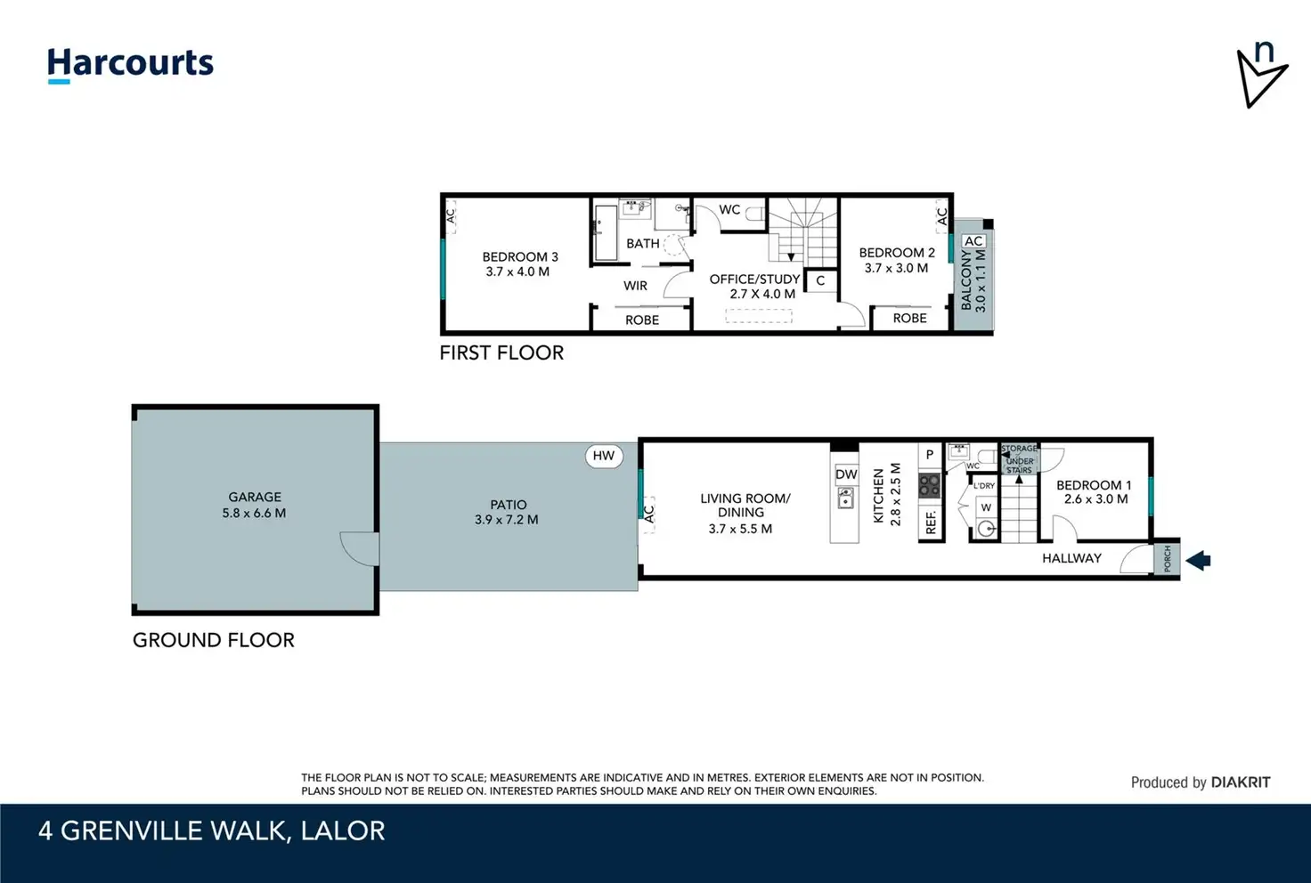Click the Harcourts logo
click(x=130, y=65)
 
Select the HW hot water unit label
click(x=604, y=456)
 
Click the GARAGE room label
click(x=255, y=497)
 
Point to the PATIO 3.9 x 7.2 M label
click(x=507, y=512)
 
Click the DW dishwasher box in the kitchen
click(x=846, y=474)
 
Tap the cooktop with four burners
click(x=930, y=486)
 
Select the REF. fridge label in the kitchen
click(x=931, y=522)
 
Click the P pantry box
click(x=930, y=454)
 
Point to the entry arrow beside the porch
click(x=1198, y=560)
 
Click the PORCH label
click(x=1167, y=558)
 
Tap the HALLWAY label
click(x=1071, y=558)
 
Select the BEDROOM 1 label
click(x=1094, y=485)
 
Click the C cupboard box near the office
click(x=820, y=281)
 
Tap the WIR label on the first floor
click(x=635, y=286)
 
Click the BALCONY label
click(x=966, y=280)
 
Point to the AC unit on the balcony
click(x=973, y=241)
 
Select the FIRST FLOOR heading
click(x=501, y=352)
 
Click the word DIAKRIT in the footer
click(x=1240, y=782)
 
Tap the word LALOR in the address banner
click(x=342, y=831)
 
